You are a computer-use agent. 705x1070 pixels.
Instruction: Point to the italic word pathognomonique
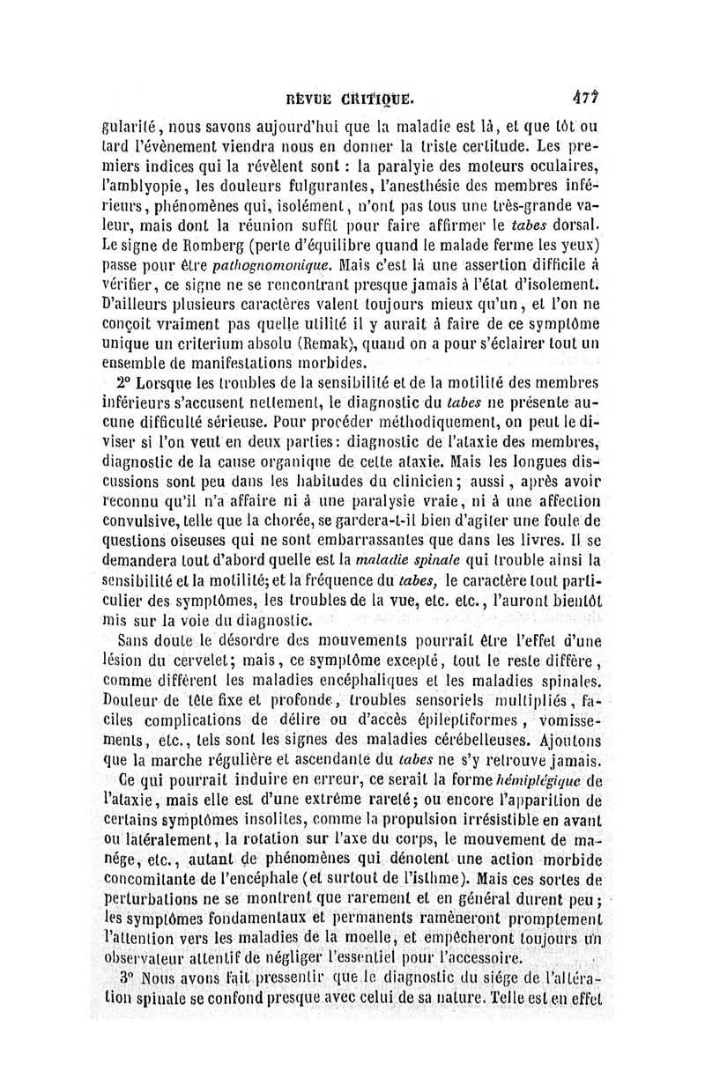point(279,263)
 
